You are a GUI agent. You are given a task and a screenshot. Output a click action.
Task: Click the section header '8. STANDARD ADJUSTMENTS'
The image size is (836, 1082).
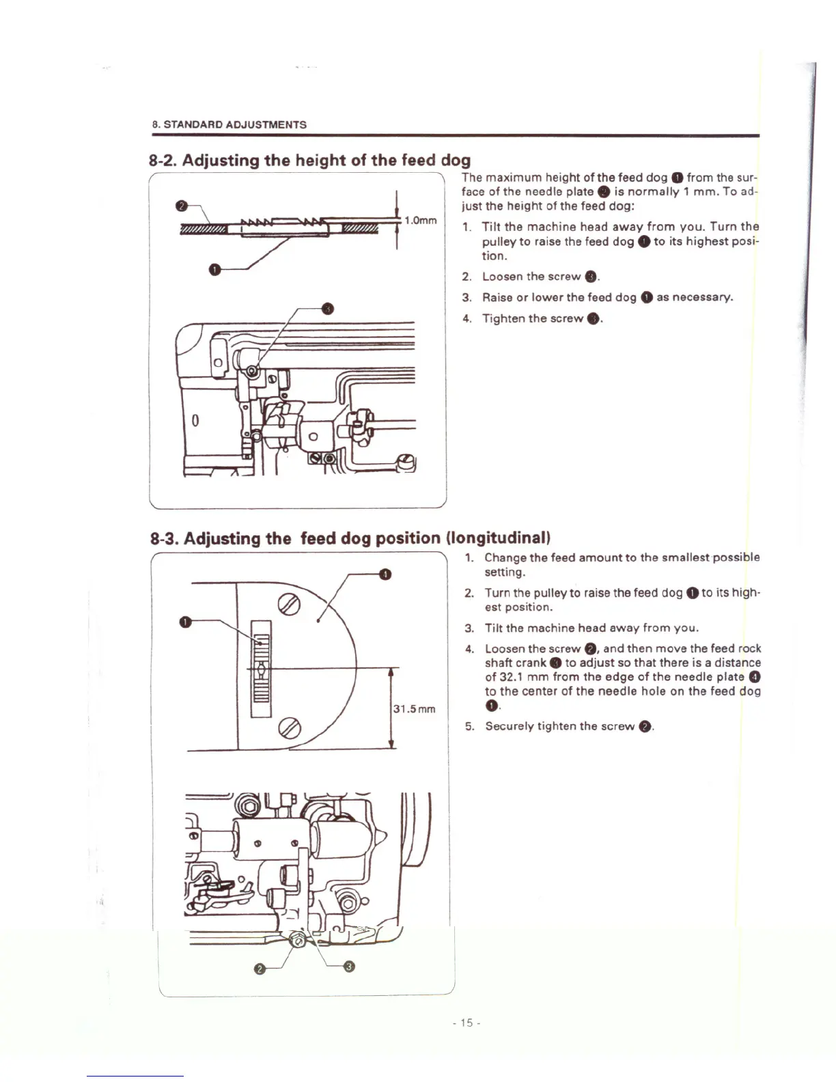(229, 124)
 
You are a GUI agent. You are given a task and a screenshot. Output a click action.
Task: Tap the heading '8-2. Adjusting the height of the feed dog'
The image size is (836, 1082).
(309, 160)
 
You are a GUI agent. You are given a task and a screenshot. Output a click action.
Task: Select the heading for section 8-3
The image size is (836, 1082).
(350, 538)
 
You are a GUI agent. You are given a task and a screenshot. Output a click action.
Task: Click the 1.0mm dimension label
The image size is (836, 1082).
(420, 221)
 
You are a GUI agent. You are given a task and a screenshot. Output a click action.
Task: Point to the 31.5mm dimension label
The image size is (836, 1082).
(414, 709)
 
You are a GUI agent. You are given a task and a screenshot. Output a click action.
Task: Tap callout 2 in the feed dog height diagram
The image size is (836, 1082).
(181, 206)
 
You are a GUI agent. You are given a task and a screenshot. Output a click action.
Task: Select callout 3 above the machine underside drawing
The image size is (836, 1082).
(329, 309)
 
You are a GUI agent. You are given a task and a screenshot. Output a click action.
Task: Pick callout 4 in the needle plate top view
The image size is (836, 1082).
(385, 574)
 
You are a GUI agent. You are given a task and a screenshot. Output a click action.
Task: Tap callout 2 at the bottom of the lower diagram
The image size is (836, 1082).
(259, 970)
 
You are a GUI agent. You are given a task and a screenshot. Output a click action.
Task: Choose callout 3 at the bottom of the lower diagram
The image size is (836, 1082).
(349, 965)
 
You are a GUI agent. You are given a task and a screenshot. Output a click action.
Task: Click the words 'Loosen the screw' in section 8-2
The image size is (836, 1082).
(531, 277)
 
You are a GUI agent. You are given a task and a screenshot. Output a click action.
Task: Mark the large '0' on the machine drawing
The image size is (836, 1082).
(195, 419)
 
